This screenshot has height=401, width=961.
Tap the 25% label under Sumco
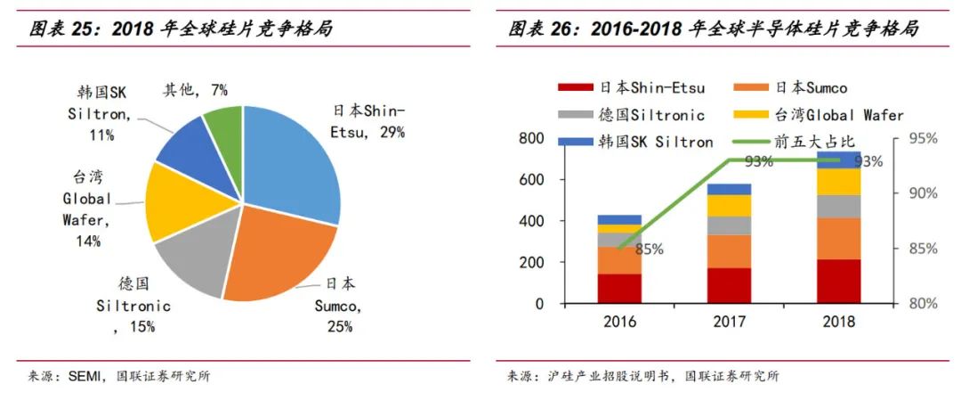tap(339, 326)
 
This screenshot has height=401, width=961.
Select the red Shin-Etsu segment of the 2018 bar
tap(839, 281)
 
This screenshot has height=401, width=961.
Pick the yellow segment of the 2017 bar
tap(729, 206)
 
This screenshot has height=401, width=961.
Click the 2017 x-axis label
tap(729, 321)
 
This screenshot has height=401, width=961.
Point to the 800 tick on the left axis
tap(531, 139)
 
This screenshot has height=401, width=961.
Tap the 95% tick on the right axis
tap(925, 139)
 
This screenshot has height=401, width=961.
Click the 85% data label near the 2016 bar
tap(650, 250)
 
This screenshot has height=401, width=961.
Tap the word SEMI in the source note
tap(89, 375)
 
